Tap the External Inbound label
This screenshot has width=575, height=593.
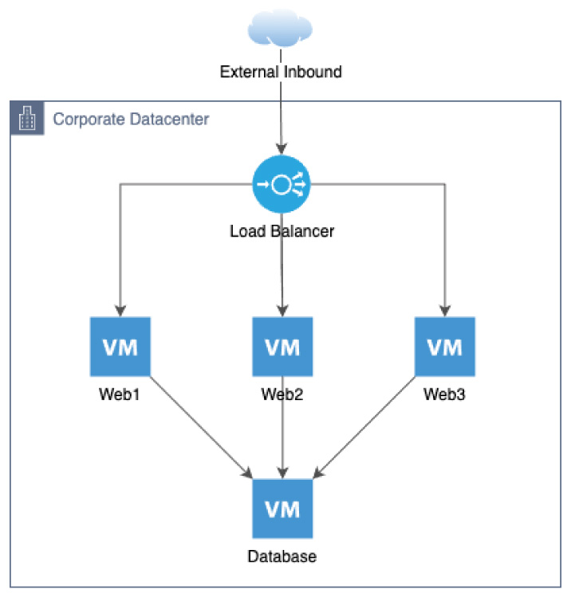282,72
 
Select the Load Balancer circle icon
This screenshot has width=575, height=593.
282,184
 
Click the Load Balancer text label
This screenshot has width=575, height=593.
282,232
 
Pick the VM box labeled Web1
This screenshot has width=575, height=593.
120,347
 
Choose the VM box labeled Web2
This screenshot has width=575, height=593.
282,347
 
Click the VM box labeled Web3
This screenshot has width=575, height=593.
444,347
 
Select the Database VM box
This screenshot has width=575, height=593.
282,509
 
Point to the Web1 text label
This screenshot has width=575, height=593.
120,394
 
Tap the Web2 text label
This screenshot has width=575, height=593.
282,394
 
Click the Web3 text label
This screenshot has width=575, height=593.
444,394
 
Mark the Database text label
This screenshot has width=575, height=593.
282,556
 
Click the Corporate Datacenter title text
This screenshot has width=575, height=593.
131,120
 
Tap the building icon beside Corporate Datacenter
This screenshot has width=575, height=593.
28,120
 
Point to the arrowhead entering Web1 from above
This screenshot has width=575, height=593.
120,310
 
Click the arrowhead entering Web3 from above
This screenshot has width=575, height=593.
444,310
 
